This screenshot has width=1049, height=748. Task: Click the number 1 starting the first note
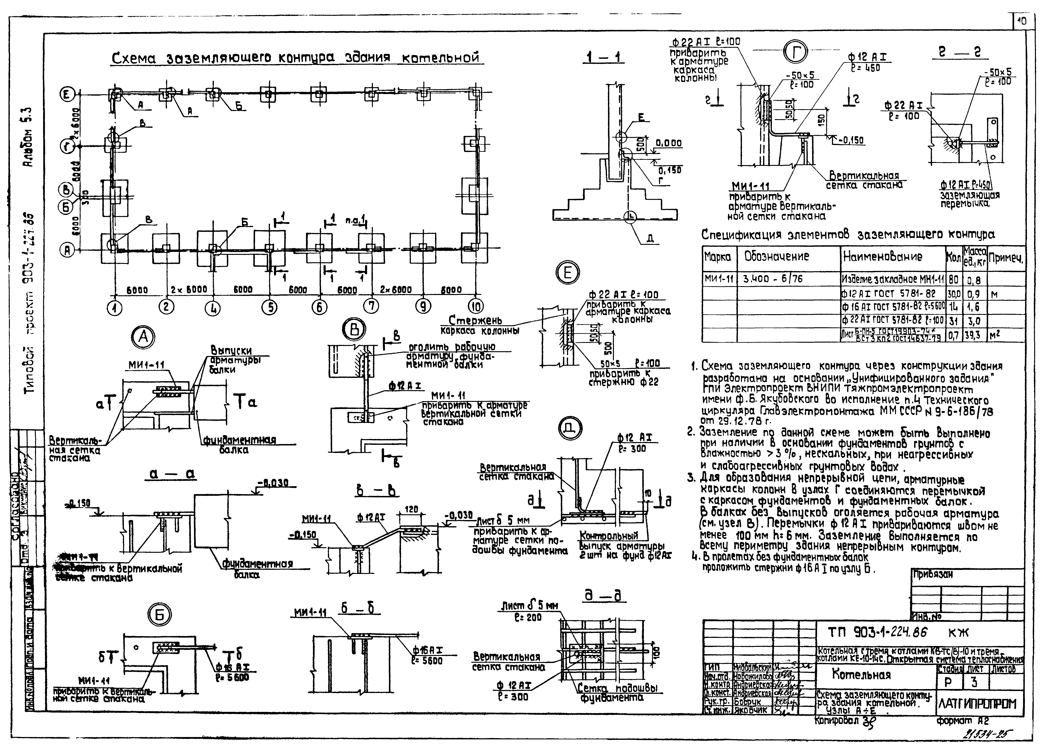pyautogui.click(x=694, y=367)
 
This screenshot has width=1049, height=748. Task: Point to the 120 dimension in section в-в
pyautogui.click(x=412, y=509)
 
